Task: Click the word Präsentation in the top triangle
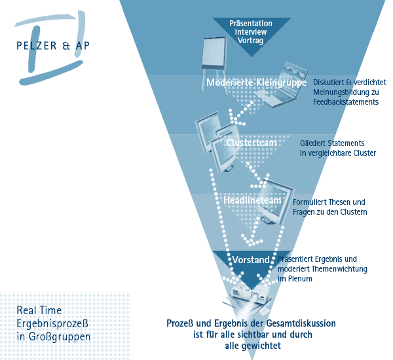[x=251, y=24]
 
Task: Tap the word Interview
[x=251, y=31]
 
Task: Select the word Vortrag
[x=251, y=40]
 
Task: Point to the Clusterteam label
[x=252, y=143]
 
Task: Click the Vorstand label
[x=251, y=260]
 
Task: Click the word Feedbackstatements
[x=346, y=102]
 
